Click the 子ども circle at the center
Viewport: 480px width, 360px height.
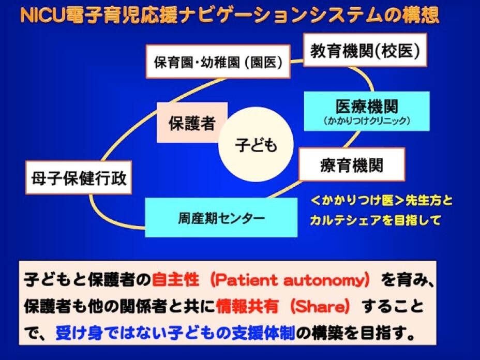click(256, 145)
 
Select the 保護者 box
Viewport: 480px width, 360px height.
click(192, 122)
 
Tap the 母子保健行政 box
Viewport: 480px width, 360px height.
click(78, 179)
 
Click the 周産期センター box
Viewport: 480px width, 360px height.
click(221, 218)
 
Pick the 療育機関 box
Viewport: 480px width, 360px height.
click(352, 166)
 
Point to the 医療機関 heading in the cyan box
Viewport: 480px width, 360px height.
click(367, 106)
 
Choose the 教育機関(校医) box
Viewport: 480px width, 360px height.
click(365, 50)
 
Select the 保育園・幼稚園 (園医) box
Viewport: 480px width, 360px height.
click(218, 62)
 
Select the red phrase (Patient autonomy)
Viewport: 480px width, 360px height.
click(287, 280)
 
